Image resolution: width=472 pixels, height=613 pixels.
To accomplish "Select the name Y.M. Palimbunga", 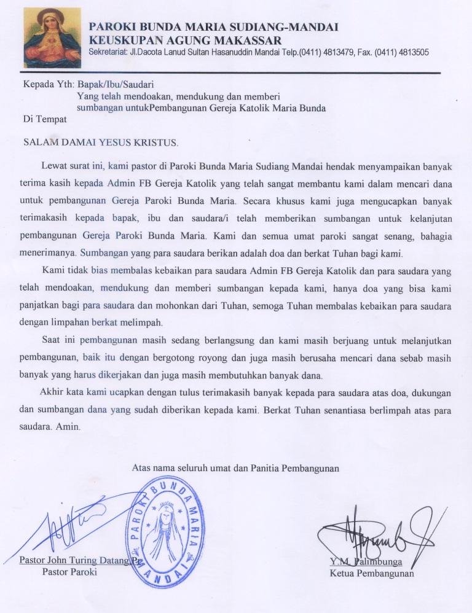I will click(x=366, y=561).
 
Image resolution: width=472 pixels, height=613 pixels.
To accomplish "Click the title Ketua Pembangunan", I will click(x=372, y=574).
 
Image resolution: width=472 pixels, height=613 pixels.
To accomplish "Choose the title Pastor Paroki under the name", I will click(x=69, y=572).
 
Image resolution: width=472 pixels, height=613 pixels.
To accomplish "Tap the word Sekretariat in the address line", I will click(x=109, y=53).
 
